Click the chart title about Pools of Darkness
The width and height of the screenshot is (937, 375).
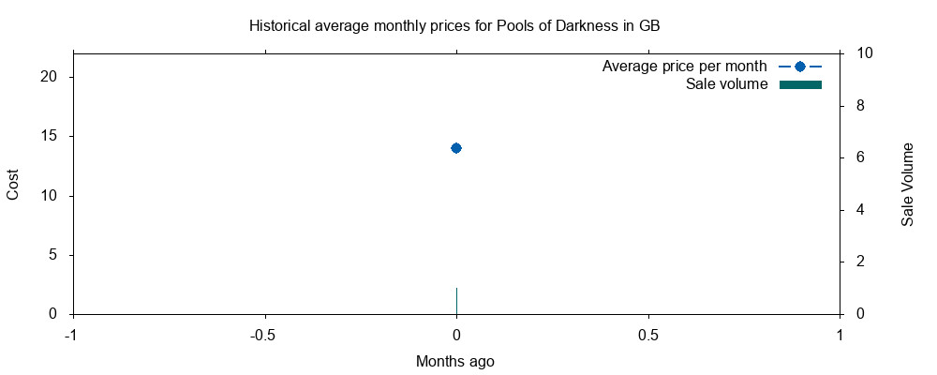coord(454,25)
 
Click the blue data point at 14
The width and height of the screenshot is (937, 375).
coord(456,148)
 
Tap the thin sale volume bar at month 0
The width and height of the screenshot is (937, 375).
coord(456,301)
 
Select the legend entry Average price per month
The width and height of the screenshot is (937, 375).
coord(684,67)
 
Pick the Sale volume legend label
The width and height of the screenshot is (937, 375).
coord(726,85)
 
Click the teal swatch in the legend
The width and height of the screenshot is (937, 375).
coord(800,85)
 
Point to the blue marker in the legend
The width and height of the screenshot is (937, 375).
coord(800,67)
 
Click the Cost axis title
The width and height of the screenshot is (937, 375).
coord(13,184)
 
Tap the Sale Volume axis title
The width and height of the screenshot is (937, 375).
coord(907,185)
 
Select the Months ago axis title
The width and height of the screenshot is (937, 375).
coord(455,361)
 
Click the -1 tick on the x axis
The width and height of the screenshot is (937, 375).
coord(71,335)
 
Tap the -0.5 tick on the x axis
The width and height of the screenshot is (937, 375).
coord(264,335)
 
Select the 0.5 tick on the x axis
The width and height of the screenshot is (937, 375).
coord(648,335)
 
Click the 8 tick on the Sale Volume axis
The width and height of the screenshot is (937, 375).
coord(855,106)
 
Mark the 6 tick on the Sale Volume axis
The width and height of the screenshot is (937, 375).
coord(855,157)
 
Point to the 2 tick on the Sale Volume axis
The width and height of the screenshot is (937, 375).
coord(855,262)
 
